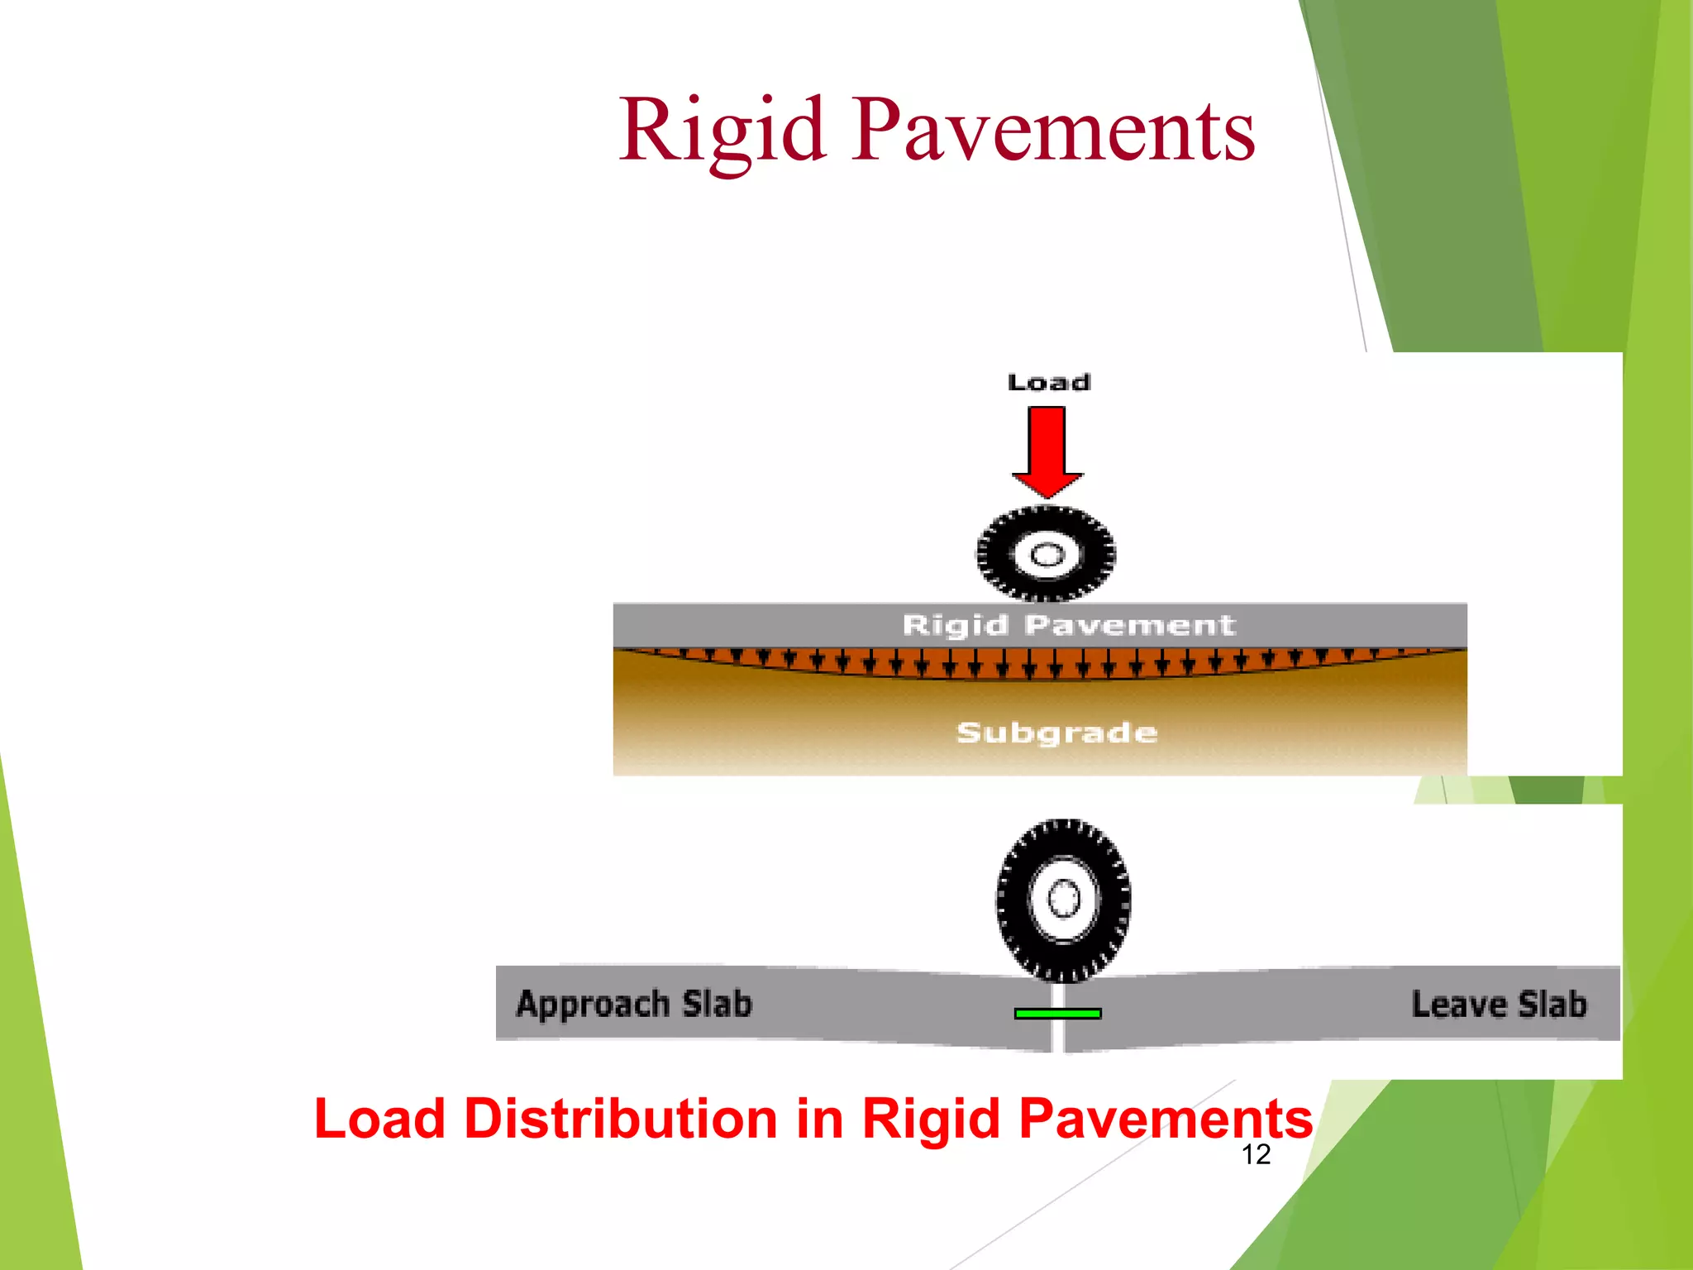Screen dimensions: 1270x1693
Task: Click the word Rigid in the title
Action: pyautogui.click(x=723, y=131)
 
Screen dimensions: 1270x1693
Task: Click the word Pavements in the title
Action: pyautogui.click(x=1054, y=131)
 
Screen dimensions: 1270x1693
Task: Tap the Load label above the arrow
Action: pyautogui.click(x=1048, y=382)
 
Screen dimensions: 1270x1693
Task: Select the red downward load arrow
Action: pyautogui.click(x=1047, y=450)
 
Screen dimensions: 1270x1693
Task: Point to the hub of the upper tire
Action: pyautogui.click(x=1047, y=554)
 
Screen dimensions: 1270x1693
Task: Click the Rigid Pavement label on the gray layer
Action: pyautogui.click(x=1068, y=625)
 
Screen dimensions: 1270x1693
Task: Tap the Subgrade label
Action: pyautogui.click(x=1056, y=733)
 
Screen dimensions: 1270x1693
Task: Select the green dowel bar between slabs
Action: pyautogui.click(x=1057, y=1013)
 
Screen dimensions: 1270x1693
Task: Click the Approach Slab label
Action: pyautogui.click(x=634, y=1004)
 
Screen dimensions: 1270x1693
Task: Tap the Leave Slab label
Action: pyautogui.click(x=1499, y=1004)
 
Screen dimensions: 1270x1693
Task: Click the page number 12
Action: pyautogui.click(x=1256, y=1154)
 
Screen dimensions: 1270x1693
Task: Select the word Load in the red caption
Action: pyautogui.click(x=379, y=1119)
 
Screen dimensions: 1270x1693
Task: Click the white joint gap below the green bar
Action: pyautogui.click(x=1057, y=1037)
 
